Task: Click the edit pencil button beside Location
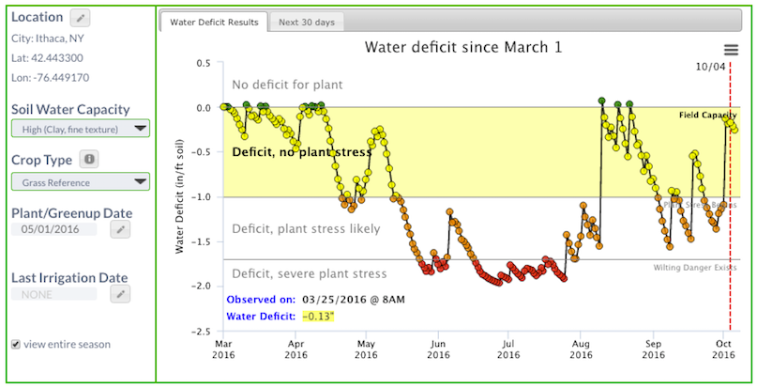81,18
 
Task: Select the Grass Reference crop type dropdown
80,181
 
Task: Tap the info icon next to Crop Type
88,160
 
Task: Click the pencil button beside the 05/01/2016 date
119,229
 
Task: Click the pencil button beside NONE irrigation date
119,294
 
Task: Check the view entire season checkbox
15,344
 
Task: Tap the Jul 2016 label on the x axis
507,349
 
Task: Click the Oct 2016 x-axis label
723,349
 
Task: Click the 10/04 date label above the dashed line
712,67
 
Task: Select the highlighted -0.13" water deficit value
318,317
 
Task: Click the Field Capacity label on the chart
707,115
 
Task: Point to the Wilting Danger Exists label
695,268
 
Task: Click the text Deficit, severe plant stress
309,273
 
